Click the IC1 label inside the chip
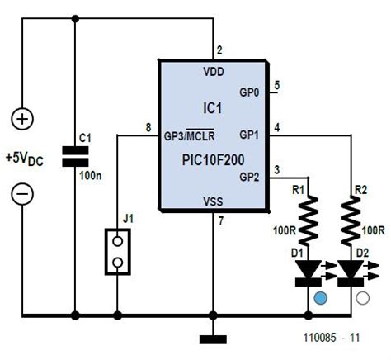click(x=213, y=107)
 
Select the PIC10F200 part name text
click(x=213, y=155)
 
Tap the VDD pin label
click(x=214, y=71)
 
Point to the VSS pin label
click(x=214, y=201)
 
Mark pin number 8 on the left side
click(x=148, y=126)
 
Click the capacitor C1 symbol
click(x=75, y=157)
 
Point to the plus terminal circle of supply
click(x=22, y=119)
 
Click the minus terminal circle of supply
click(x=22, y=195)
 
